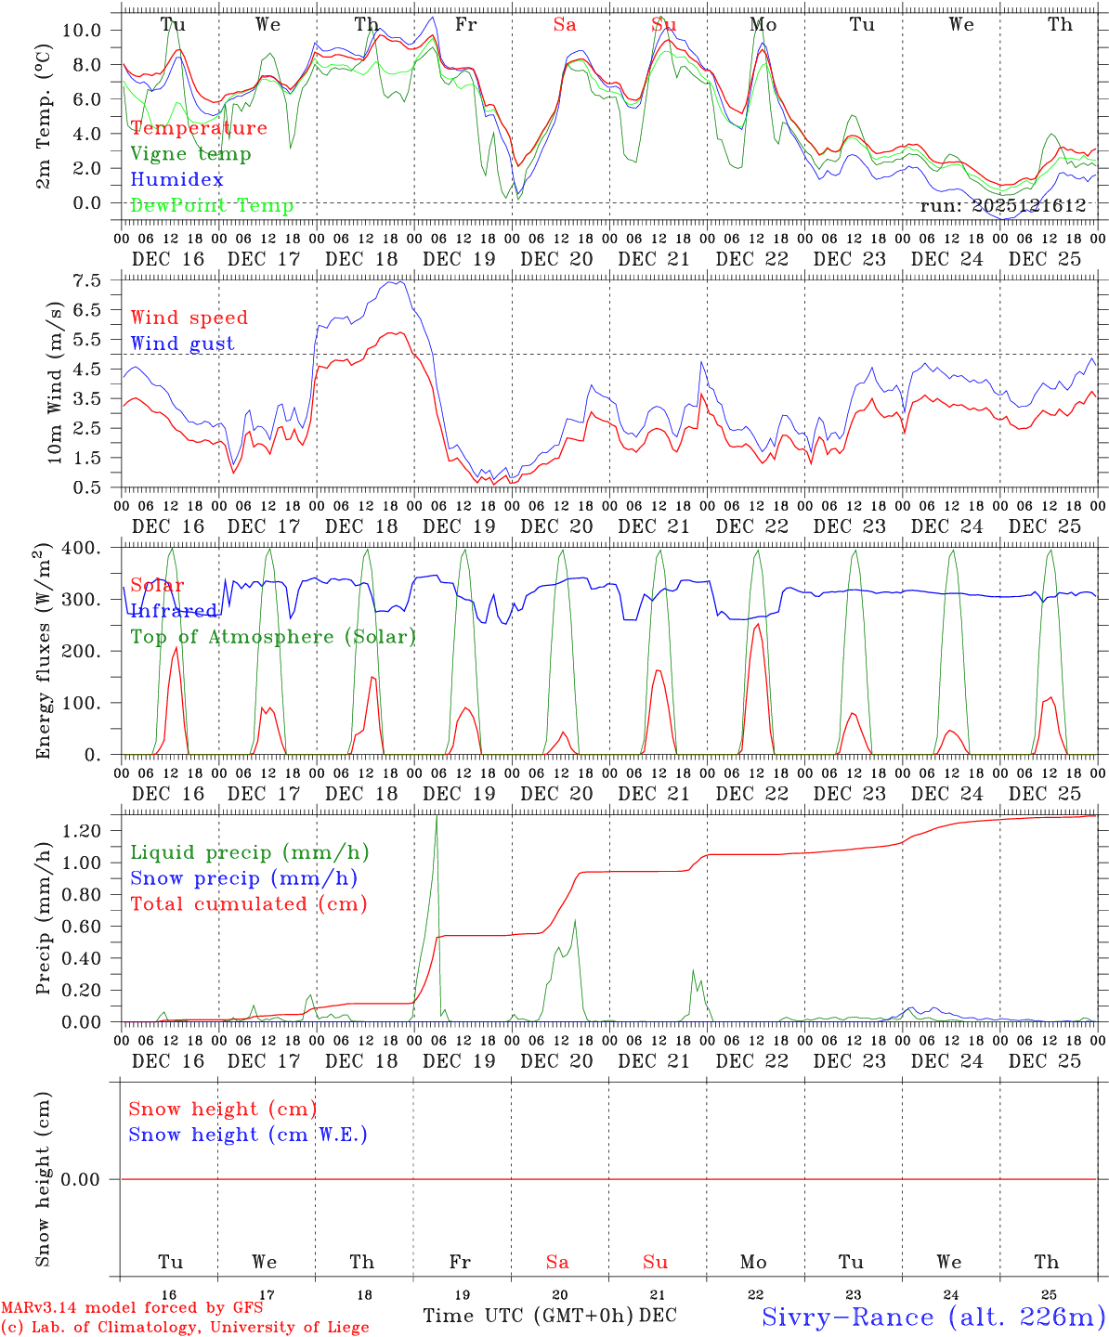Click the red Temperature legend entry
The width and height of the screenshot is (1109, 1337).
coord(199,128)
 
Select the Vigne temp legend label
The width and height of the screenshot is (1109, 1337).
coord(190,154)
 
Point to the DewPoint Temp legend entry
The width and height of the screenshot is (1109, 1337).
coord(212,205)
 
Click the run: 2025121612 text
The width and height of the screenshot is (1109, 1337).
coord(1002,206)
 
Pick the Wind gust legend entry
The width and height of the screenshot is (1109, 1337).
coord(182,344)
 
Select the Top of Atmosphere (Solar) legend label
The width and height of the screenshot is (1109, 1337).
coord(273,637)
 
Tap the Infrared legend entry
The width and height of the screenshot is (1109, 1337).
coord(175,611)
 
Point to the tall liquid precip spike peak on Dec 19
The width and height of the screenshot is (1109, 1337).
coord(437,816)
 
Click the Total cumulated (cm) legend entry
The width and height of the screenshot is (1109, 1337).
coord(249,904)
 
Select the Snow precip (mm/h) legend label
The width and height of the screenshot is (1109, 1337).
coord(243,878)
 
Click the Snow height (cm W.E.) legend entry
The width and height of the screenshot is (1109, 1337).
coord(248,1135)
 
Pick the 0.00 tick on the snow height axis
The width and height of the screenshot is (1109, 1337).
coord(91,1179)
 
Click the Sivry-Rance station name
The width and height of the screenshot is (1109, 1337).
coord(933,1317)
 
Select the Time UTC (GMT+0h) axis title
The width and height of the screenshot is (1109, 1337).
coord(528,1316)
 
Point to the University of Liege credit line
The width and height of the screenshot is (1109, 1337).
coord(185,1327)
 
